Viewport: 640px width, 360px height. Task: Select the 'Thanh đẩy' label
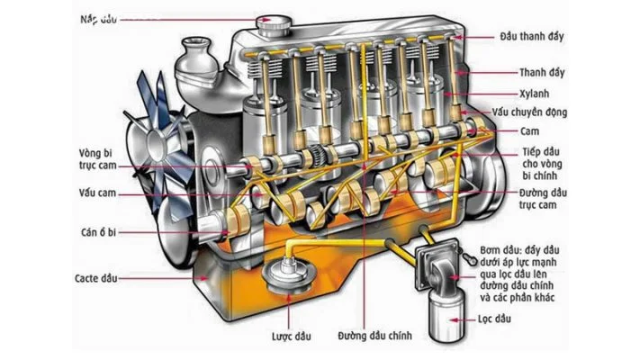545,72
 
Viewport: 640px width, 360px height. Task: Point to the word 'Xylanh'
535,93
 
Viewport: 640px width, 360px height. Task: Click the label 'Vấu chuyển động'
554,112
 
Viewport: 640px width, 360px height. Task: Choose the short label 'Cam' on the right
528,131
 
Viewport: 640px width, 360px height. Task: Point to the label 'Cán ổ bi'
98,232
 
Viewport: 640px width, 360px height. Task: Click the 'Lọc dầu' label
532,319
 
